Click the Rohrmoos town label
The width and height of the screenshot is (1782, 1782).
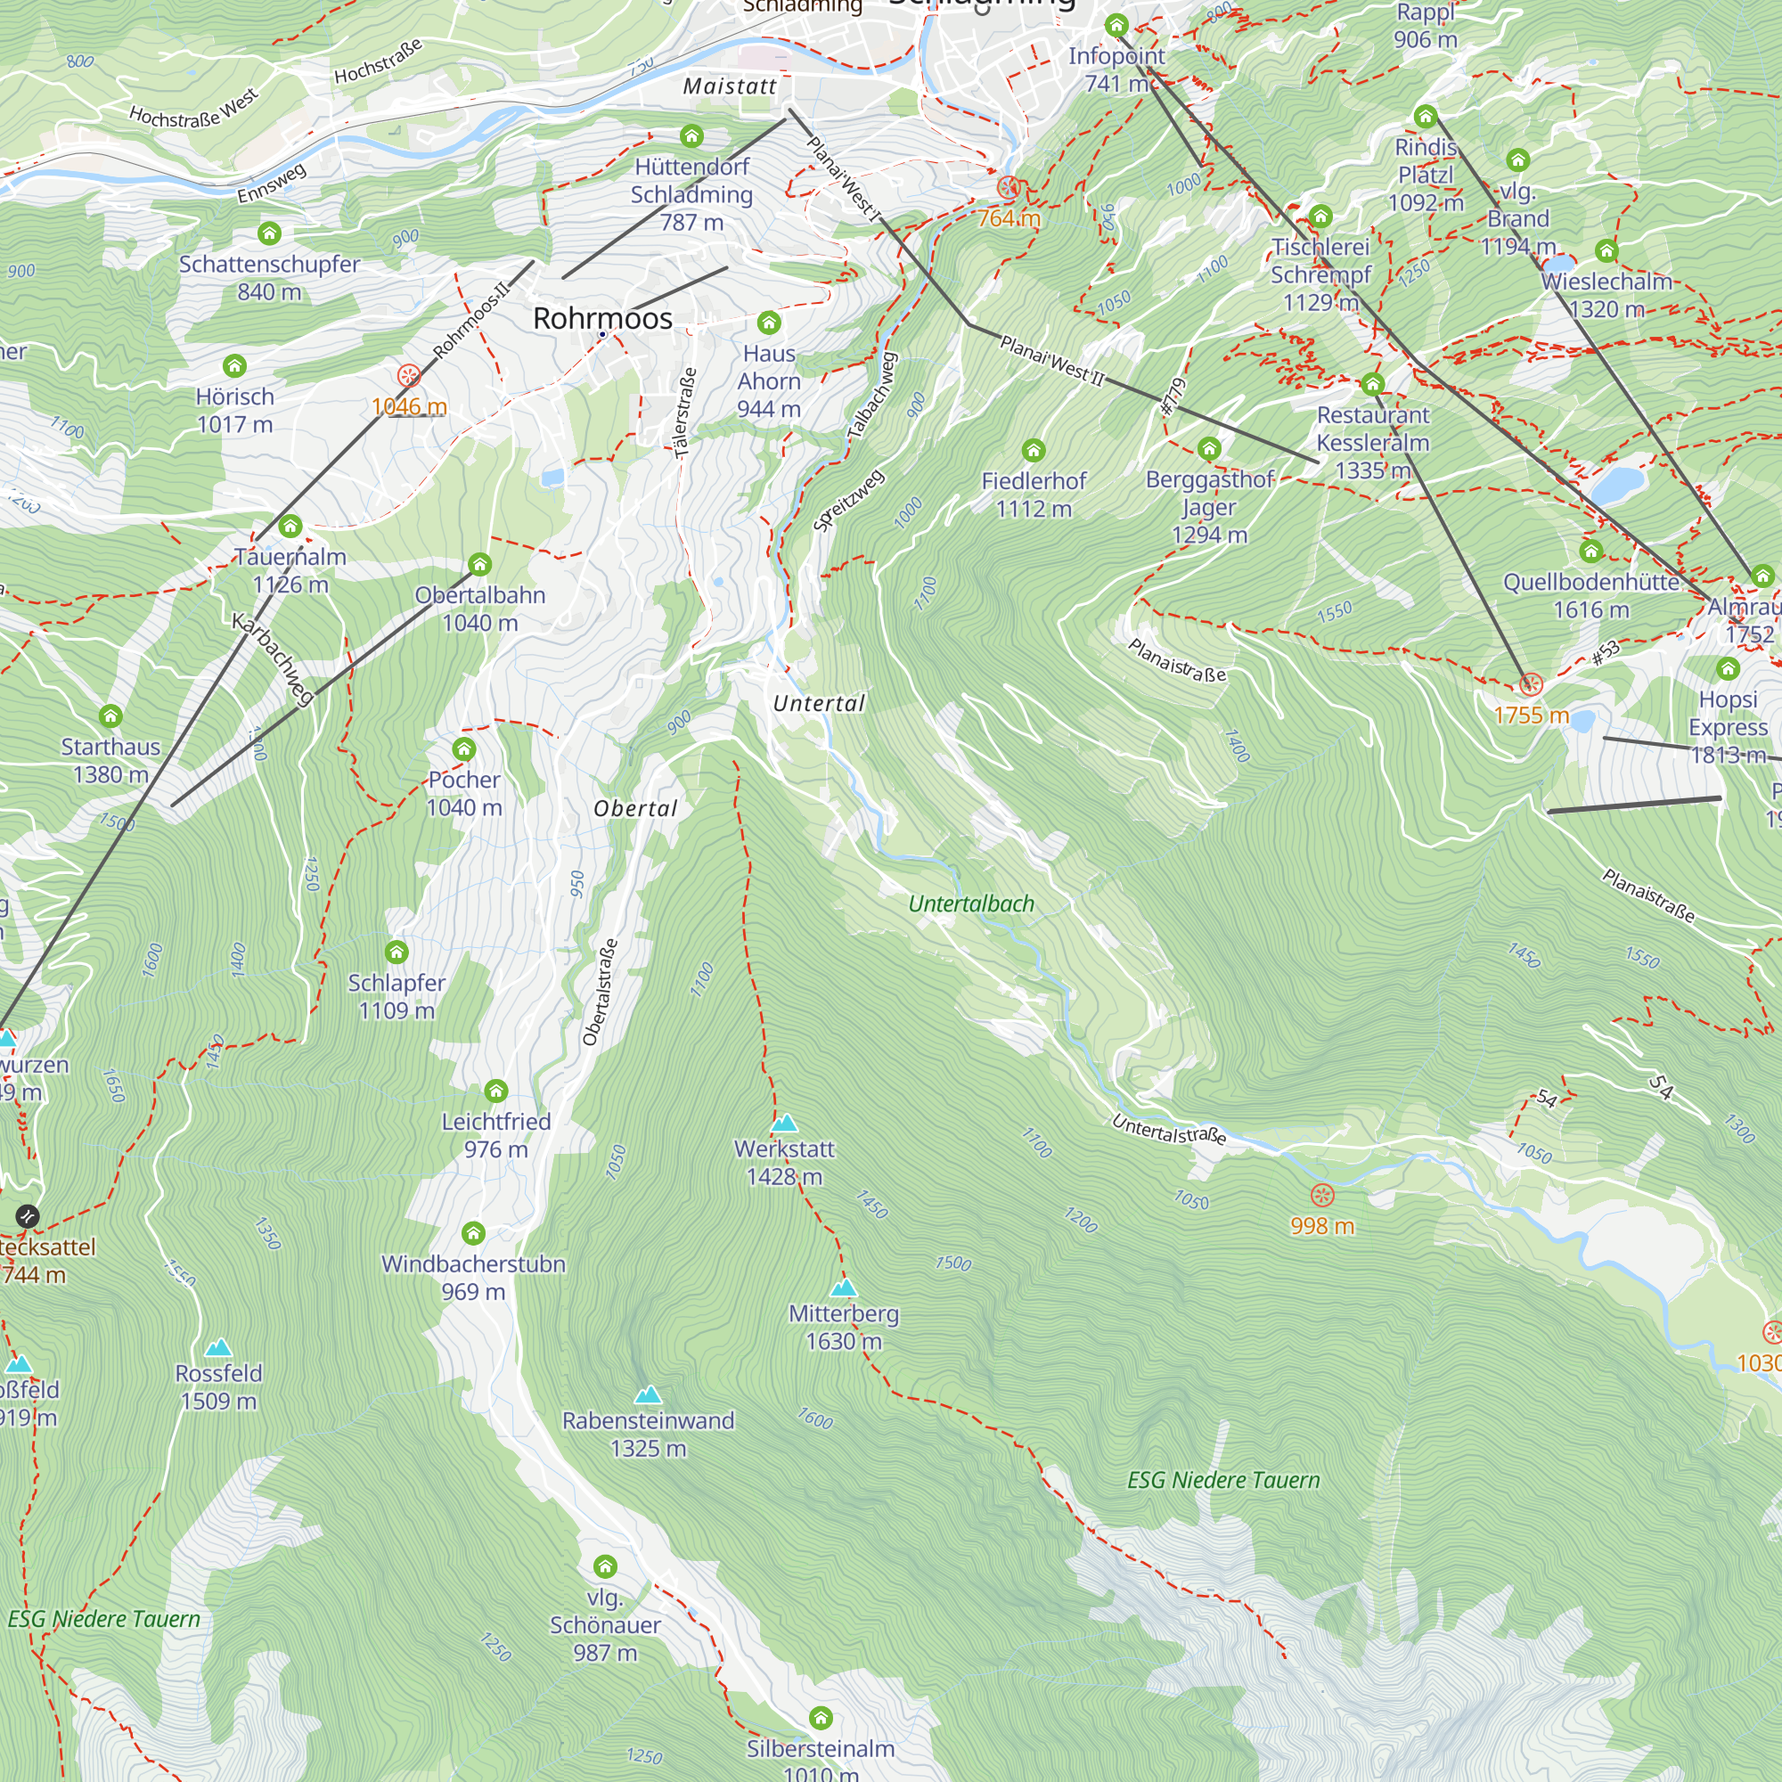(x=602, y=318)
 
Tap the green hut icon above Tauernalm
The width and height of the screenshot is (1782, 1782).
(x=290, y=526)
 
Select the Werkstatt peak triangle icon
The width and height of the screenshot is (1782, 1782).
(x=784, y=1123)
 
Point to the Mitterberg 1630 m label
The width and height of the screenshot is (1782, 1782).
(x=843, y=1327)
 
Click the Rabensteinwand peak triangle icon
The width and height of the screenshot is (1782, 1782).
(x=649, y=1394)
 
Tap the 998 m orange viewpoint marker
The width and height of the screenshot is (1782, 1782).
(x=1321, y=1197)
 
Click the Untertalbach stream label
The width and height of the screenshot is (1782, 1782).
(x=971, y=903)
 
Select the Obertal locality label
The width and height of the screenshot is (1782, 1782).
(x=635, y=809)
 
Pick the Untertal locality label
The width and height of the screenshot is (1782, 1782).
(x=819, y=704)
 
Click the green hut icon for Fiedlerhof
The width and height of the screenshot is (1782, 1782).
(x=1033, y=450)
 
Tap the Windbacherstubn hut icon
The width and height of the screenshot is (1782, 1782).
(x=473, y=1233)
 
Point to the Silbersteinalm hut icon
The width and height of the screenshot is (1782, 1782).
(x=821, y=1718)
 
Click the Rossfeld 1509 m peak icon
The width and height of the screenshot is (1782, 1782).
(x=218, y=1347)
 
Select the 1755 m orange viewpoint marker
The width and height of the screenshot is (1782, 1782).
(x=1531, y=684)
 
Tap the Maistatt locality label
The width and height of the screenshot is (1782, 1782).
(x=730, y=86)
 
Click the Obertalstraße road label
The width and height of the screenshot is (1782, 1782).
(x=600, y=993)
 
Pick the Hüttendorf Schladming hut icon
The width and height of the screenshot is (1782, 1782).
(x=691, y=136)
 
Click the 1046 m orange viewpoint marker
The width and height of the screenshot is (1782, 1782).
(x=409, y=375)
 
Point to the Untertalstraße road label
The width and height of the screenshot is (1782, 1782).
(x=1169, y=1130)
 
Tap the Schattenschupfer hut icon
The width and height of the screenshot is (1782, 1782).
(x=269, y=233)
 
